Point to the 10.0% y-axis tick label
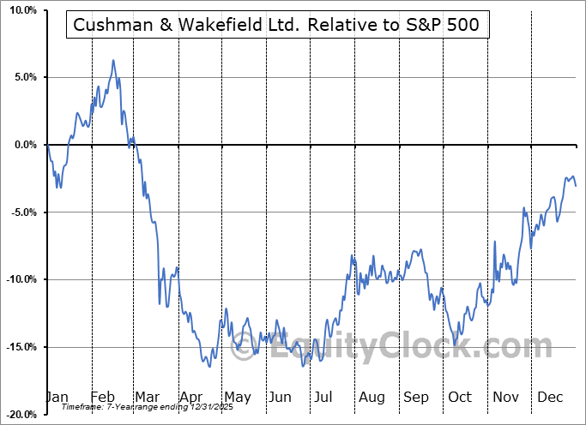click(20, 10)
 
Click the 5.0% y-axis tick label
click(22, 78)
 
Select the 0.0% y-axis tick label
click(22, 145)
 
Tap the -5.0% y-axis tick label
click(21, 212)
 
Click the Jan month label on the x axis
click(57, 397)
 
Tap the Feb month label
click(102, 397)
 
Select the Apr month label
click(190, 397)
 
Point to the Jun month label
click(278, 397)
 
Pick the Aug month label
click(372, 397)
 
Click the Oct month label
click(460, 397)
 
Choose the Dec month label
click(550, 397)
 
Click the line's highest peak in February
click(112, 61)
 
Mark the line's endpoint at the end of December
click(576, 186)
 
